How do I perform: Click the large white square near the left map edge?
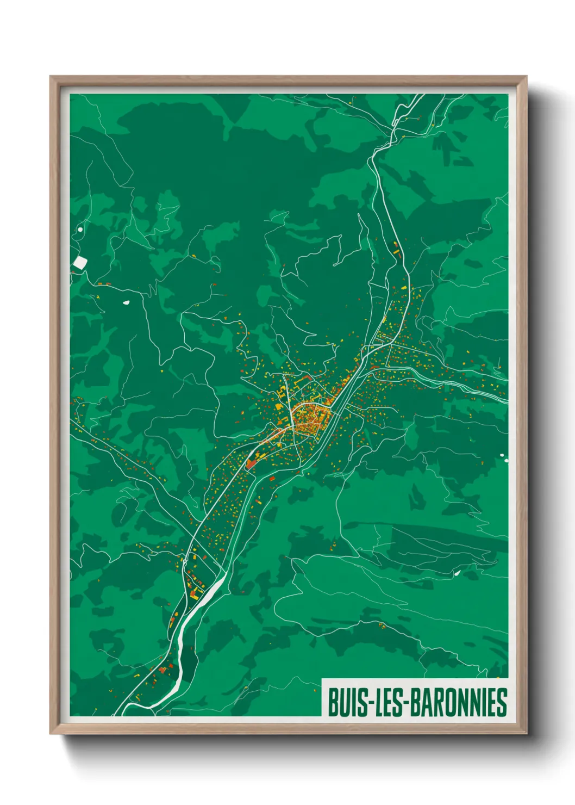click(80, 263)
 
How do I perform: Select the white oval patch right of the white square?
click(126, 302)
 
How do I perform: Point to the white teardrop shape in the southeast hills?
click(457, 572)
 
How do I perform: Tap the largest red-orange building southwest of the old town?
click(251, 463)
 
